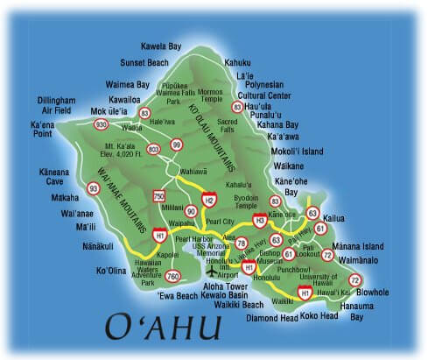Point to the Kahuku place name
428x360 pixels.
click(x=237, y=63)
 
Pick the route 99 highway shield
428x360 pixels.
click(x=177, y=145)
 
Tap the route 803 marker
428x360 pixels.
click(x=153, y=149)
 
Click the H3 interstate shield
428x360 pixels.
click(x=259, y=220)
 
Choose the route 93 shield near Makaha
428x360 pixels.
click(x=94, y=187)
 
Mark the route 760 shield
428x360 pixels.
click(x=172, y=277)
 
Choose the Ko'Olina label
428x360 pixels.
click(x=111, y=271)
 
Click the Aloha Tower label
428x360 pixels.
click(x=228, y=286)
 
